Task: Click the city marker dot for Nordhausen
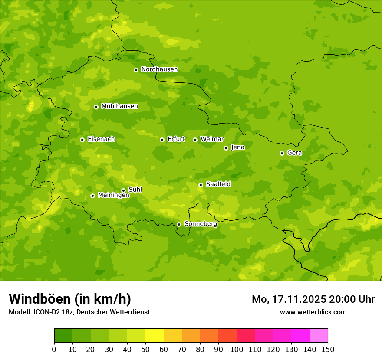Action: (136, 70)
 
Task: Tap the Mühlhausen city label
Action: (119, 106)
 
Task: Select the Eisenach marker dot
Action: (82, 140)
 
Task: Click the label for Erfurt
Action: (176, 139)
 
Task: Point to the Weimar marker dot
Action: (195, 140)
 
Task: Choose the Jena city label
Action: (237, 147)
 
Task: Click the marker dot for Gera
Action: (282, 153)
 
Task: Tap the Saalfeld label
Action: (218, 184)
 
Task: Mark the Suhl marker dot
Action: (123, 190)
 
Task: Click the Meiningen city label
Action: (113, 196)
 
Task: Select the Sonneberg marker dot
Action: (179, 224)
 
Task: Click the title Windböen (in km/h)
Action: (69, 299)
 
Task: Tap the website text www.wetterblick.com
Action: (313, 312)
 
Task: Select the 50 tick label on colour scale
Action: (145, 349)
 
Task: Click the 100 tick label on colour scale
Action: (237, 349)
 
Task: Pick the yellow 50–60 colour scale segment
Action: (155, 336)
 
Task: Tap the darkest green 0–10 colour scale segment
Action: (63, 336)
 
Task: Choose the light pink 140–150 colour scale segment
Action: (319, 336)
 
